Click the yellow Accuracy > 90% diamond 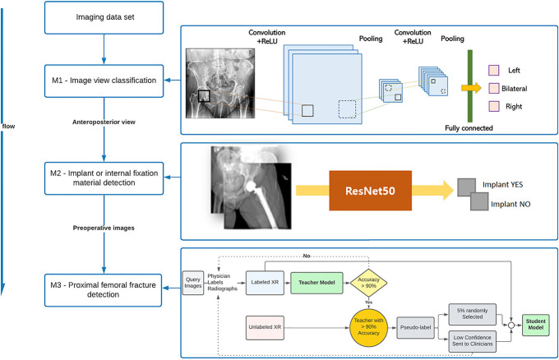[x=370, y=282]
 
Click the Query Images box [x=193, y=282]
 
